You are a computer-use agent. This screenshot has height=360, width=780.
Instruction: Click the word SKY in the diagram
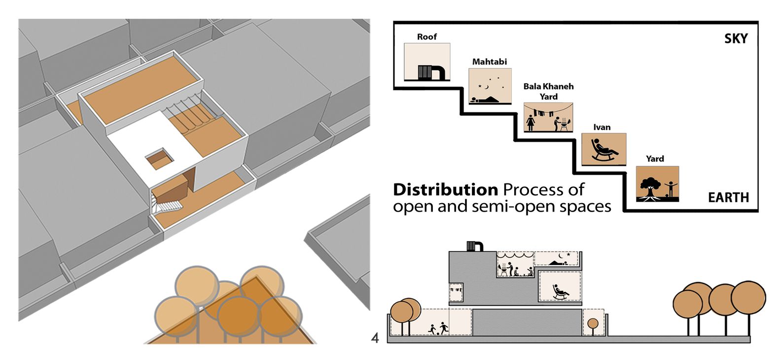click(736, 39)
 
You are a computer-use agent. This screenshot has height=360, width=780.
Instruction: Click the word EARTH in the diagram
click(728, 198)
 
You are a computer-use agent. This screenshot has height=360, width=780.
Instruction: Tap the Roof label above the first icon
click(426, 37)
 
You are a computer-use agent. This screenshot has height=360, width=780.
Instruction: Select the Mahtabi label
click(489, 62)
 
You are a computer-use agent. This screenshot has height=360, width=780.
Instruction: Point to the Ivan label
click(602, 127)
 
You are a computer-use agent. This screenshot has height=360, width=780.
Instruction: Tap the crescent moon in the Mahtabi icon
click(487, 87)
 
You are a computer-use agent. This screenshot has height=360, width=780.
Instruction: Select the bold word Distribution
click(445, 190)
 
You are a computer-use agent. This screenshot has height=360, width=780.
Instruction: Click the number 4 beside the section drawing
click(375, 338)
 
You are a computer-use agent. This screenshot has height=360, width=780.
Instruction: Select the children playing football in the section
click(438, 329)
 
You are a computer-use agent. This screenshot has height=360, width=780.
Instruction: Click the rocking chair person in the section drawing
click(560, 292)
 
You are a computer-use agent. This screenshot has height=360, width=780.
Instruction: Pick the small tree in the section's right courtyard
click(593, 325)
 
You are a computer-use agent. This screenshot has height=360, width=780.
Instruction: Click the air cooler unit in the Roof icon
click(431, 72)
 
